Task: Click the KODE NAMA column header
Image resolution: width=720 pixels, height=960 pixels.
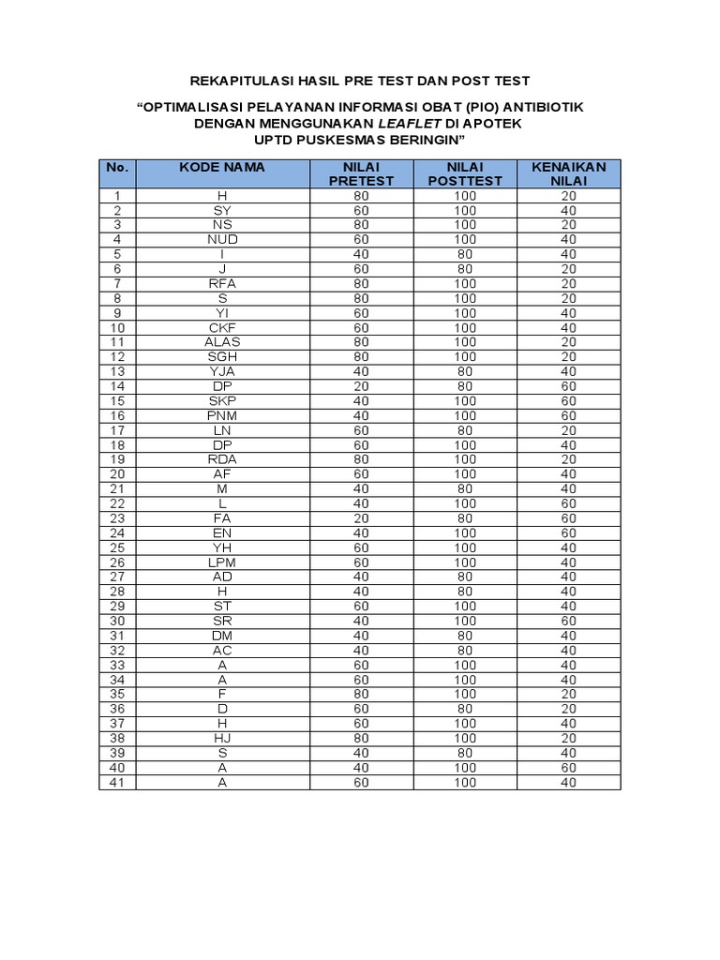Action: tap(222, 168)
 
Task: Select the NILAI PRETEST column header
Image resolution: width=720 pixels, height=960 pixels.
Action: tap(361, 174)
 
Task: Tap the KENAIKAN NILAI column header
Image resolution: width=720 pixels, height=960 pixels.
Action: tap(569, 174)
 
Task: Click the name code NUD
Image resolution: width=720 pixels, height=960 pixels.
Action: tap(222, 240)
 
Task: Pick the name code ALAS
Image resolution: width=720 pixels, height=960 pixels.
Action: tap(222, 342)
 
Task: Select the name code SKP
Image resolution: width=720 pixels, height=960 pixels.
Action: tap(222, 401)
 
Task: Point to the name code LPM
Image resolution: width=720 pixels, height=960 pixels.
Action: tap(222, 562)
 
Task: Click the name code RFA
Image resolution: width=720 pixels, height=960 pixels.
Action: tap(222, 283)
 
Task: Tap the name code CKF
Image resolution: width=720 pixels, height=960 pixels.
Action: tap(222, 328)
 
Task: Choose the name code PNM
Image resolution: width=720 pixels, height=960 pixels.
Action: tap(222, 415)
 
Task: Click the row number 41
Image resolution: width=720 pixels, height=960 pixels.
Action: tap(117, 783)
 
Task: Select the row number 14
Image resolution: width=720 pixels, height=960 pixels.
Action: tap(117, 386)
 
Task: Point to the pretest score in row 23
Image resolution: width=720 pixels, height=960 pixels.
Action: tap(361, 518)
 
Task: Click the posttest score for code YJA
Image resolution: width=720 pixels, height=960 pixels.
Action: tap(465, 371)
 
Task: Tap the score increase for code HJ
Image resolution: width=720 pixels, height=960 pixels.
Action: tap(569, 739)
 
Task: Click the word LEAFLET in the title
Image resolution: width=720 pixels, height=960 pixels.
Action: tap(412, 123)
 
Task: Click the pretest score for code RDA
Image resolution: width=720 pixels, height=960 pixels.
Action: tap(361, 459)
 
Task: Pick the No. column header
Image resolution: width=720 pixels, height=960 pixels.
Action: tap(117, 168)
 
